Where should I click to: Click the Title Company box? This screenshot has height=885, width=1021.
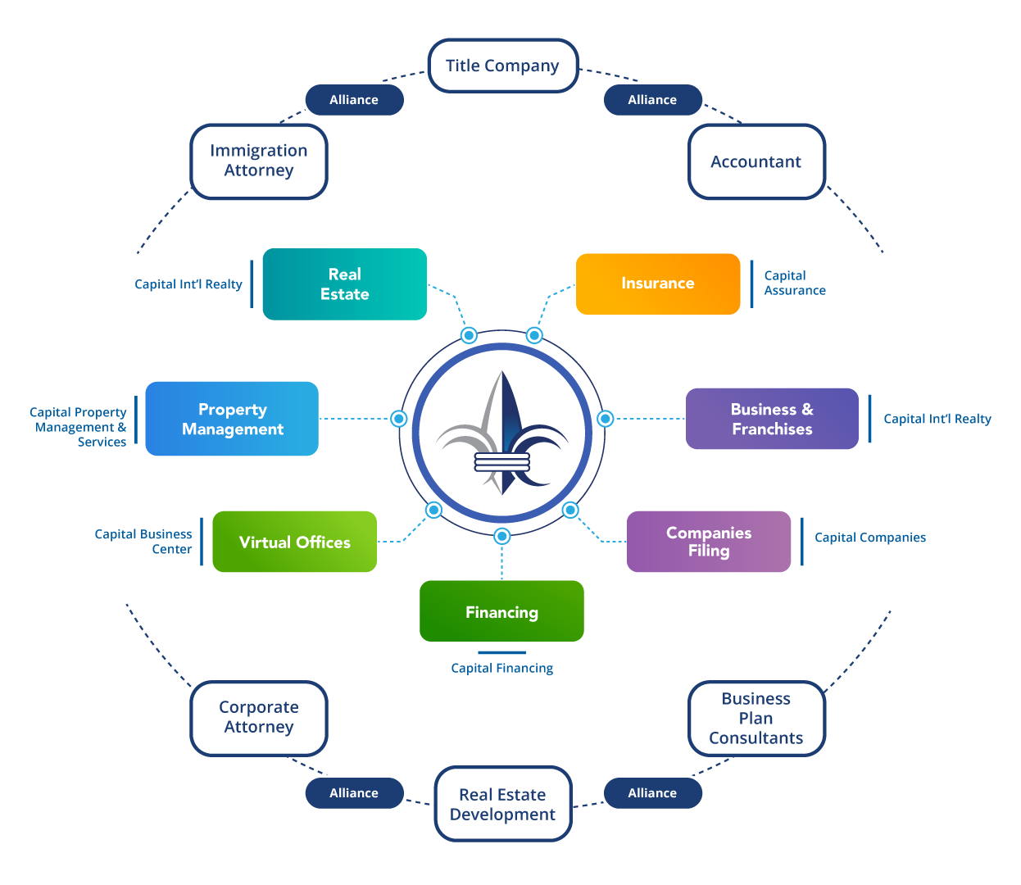click(503, 66)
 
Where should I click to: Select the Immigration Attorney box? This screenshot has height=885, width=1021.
click(259, 161)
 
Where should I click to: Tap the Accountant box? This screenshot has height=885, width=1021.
click(756, 161)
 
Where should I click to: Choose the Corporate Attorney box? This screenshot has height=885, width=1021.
click(259, 717)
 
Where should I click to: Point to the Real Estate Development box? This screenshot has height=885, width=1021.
click(502, 804)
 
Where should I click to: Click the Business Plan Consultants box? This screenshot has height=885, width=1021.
click(756, 718)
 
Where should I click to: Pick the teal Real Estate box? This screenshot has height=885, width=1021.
click(345, 284)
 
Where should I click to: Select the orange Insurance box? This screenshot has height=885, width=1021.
click(658, 284)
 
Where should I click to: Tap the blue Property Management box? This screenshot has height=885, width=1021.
click(232, 419)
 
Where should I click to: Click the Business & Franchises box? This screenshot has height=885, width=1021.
click(772, 419)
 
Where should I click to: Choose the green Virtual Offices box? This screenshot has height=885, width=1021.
click(295, 542)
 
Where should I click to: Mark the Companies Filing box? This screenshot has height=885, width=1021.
click(709, 542)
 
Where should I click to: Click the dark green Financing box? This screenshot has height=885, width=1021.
click(501, 612)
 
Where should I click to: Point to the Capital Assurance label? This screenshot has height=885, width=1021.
click(794, 284)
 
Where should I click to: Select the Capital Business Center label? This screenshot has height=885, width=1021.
click(144, 542)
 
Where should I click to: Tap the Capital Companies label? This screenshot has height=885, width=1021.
click(869, 538)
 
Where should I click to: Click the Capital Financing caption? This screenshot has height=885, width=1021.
click(501, 669)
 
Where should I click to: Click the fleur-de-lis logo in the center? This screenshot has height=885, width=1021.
click(501, 433)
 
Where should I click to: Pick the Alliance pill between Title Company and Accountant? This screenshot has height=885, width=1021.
click(652, 100)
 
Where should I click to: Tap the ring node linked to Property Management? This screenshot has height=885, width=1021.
click(399, 419)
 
